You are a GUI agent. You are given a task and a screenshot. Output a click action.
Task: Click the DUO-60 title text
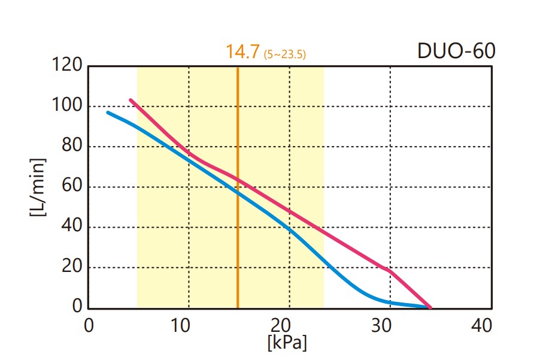coord(456,51)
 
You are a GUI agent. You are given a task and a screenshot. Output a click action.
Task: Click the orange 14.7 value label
coord(242,52)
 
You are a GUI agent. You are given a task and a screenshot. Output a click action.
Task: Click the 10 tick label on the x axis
coord(181,326)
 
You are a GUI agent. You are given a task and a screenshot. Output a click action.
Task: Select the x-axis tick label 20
coord(281,326)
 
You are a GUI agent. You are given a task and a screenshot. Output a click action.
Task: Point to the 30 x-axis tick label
coord(381,326)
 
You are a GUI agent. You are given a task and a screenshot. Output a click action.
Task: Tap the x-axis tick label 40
coord(481,326)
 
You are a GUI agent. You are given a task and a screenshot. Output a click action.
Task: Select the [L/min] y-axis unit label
coord(38,187)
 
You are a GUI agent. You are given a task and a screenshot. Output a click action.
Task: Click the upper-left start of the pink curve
coord(131,100)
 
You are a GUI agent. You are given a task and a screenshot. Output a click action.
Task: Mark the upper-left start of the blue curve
coord(108,112)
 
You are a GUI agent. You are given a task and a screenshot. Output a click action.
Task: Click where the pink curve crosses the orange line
coord(238,179)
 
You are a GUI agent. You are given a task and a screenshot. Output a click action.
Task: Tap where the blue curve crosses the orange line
coord(238,192)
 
